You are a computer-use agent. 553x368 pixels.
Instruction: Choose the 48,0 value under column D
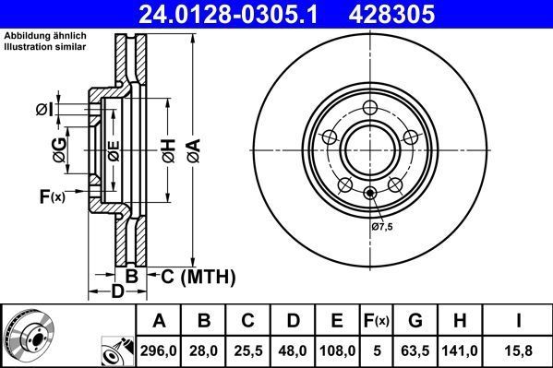tap(294, 350)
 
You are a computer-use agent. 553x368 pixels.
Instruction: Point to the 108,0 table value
tap(338, 350)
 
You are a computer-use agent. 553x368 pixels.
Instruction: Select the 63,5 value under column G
tap(416, 350)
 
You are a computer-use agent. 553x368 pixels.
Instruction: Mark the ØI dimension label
tap(44, 110)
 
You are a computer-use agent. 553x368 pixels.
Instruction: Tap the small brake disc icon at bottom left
tap(28, 337)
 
